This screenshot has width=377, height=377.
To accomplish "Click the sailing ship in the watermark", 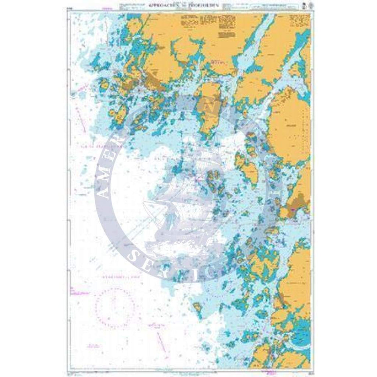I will (x=182, y=201).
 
